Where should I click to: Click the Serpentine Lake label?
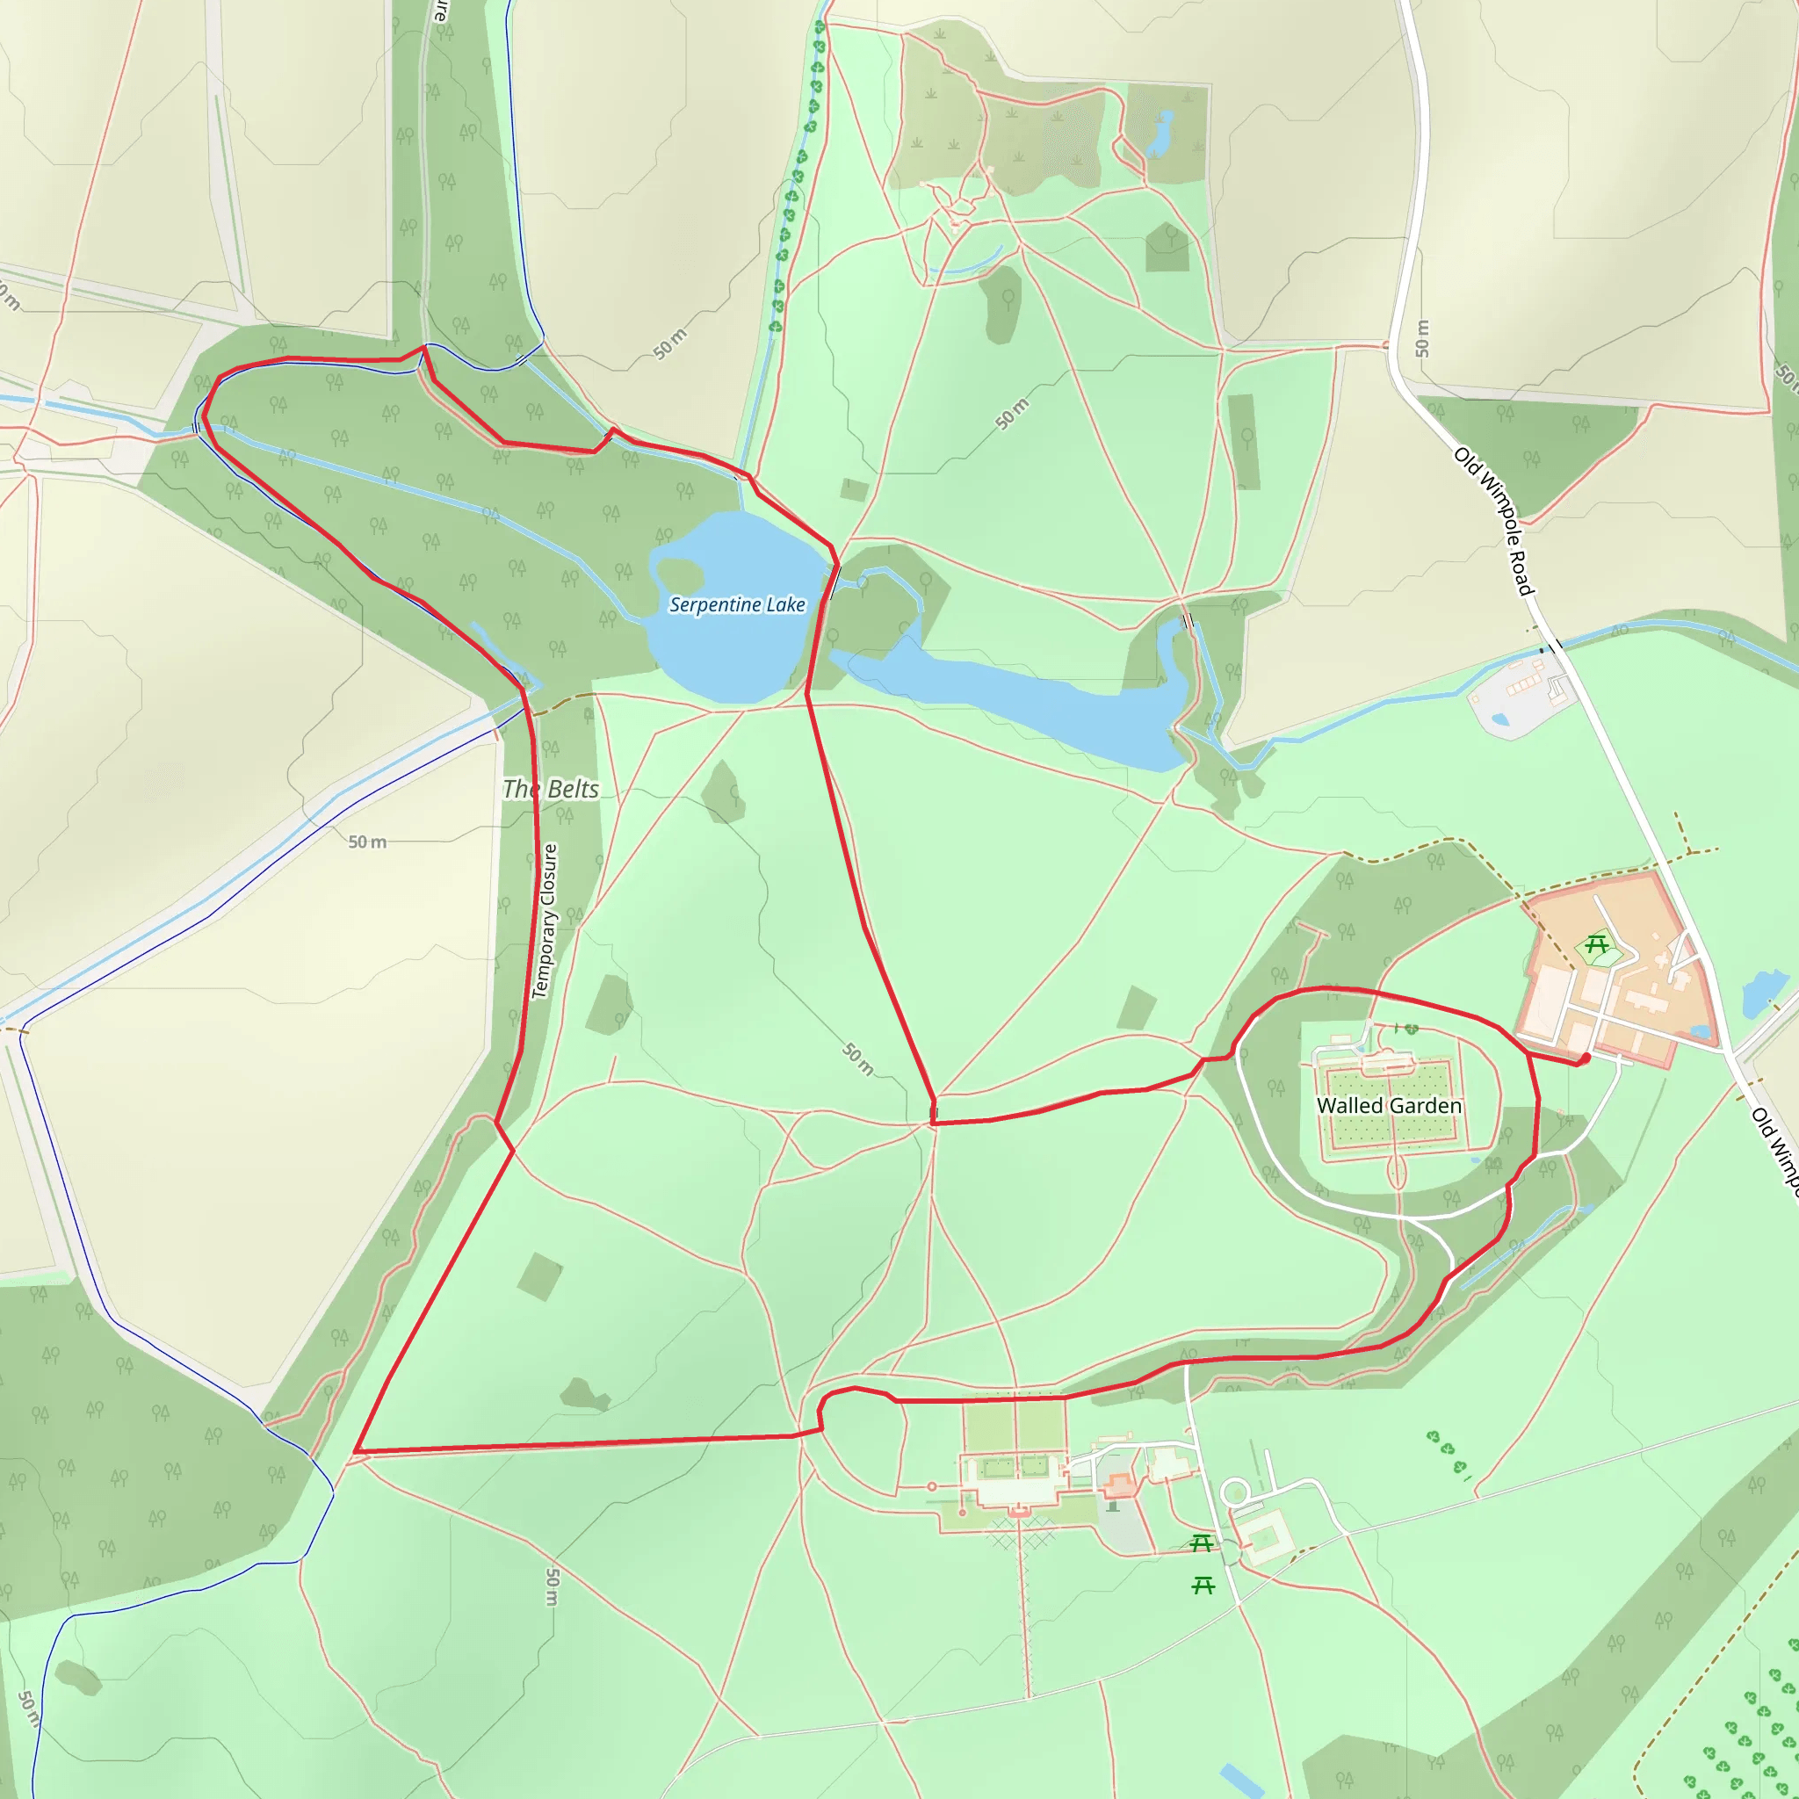click(x=736, y=605)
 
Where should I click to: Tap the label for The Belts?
click(x=550, y=789)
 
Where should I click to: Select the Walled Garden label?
click(x=1389, y=1105)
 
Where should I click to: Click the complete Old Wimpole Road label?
click(x=1493, y=522)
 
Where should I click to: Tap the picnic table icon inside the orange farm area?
click(x=1597, y=945)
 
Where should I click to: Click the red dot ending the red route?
click(x=1585, y=1058)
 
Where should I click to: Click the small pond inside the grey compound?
click(x=1499, y=719)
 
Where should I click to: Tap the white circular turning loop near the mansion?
click(x=1236, y=1492)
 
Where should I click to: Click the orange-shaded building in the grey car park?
click(x=1120, y=1485)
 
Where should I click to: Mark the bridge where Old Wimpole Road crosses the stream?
click(x=1551, y=646)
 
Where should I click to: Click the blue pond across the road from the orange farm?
click(x=1763, y=991)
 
